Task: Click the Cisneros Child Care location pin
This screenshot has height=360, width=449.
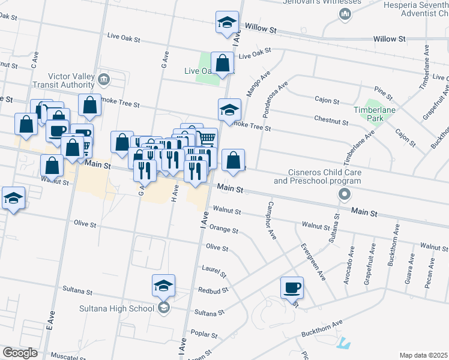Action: click(344, 194)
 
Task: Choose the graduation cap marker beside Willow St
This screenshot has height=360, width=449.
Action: click(226, 23)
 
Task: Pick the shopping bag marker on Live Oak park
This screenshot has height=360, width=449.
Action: click(222, 62)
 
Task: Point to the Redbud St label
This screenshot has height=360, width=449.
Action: click(213, 290)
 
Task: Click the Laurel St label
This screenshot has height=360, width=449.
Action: click(214, 272)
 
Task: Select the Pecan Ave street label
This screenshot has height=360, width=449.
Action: click(429, 274)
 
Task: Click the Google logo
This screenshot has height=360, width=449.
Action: click(20, 353)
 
